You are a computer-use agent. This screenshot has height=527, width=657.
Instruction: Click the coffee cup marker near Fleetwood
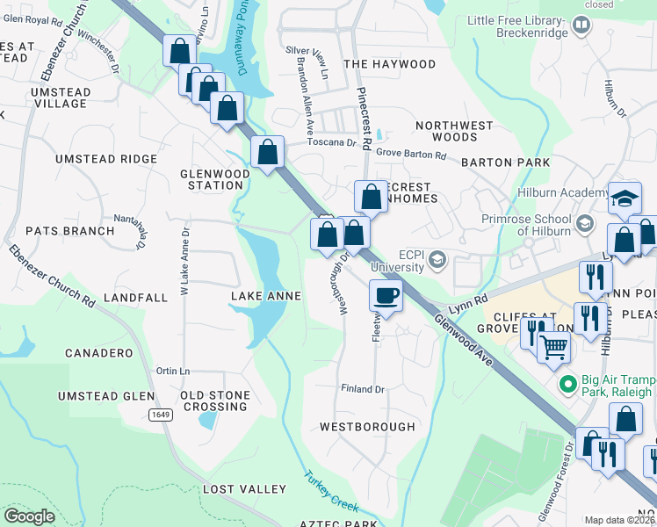click(386, 295)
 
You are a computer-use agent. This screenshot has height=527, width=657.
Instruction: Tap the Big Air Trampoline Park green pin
click(568, 385)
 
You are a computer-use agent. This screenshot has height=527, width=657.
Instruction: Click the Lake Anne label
click(265, 297)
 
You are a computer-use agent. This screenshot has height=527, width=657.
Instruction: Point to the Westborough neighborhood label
click(367, 427)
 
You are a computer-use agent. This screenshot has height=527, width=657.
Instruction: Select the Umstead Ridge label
click(106, 159)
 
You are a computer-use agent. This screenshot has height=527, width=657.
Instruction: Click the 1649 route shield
click(160, 415)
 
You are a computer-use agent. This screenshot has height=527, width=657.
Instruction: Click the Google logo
click(29, 516)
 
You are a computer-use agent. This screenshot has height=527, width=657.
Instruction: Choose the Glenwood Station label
click(215, 179)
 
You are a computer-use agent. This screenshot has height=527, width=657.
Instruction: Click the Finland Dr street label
click(363, 388)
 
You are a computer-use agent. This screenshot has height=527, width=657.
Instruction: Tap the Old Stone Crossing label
click(215, 401)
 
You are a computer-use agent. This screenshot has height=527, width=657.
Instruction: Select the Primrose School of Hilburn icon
click(584, 225)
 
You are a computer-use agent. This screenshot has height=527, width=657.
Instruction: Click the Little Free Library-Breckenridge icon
click(581, 26)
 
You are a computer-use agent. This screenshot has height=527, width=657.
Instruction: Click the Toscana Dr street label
click(331, 142)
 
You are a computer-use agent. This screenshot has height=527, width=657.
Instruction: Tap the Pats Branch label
click(69, 231)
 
